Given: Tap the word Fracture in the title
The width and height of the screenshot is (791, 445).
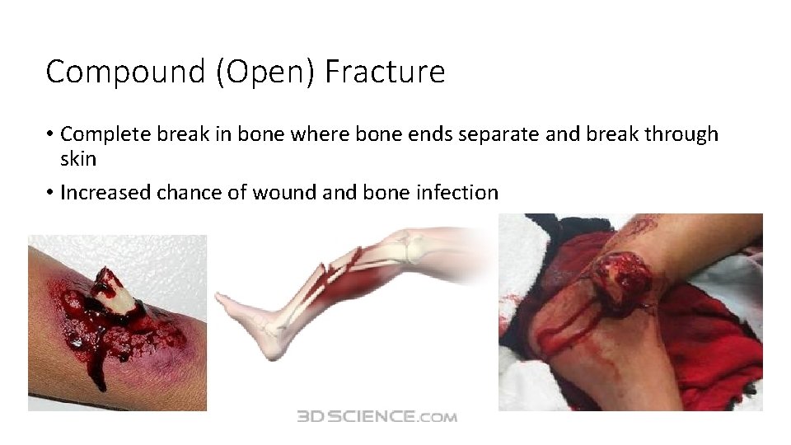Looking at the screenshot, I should [x=385, y=73].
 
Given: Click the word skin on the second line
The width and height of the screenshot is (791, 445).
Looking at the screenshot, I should [x=78, y=158].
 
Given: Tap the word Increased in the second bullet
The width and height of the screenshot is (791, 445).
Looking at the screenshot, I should [x=101, y=193].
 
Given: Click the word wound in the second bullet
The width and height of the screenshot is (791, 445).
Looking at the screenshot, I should [x=278, y=193].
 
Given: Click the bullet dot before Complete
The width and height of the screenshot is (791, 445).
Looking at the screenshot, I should [x=50, y=134].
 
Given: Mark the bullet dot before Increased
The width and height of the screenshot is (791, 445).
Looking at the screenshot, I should [x=50, y=193].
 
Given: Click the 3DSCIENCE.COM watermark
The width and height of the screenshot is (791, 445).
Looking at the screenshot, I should [x=377, y=417].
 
